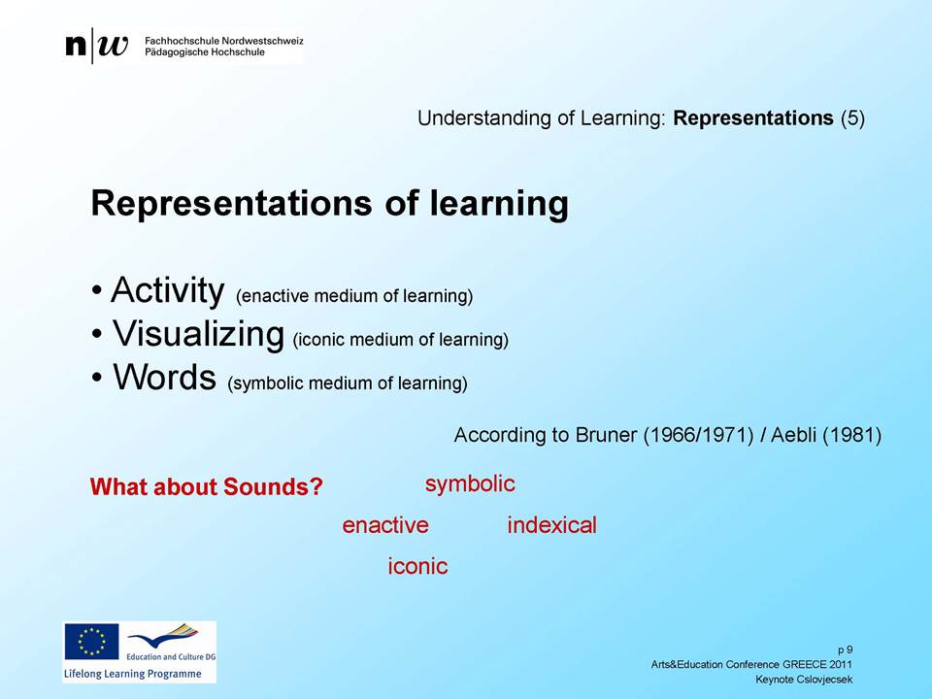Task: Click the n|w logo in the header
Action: click(96, 46)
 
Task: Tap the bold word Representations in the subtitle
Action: click(753, 118)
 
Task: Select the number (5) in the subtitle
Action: click(852, 118)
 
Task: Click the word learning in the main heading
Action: click(499, 204)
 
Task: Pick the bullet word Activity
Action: click(168, 290)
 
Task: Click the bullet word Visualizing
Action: click(198, 333)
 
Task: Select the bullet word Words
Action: click(165, 377)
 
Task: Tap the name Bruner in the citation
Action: click(606, 435)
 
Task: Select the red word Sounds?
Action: click(274, 486)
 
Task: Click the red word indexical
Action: click(551, 525)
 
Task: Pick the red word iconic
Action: click(417, 566)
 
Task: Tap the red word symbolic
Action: click(470, 484)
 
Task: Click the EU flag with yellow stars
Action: click(91, 642)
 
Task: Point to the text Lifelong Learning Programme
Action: click(133, 674)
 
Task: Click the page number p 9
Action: click(846, 650)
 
